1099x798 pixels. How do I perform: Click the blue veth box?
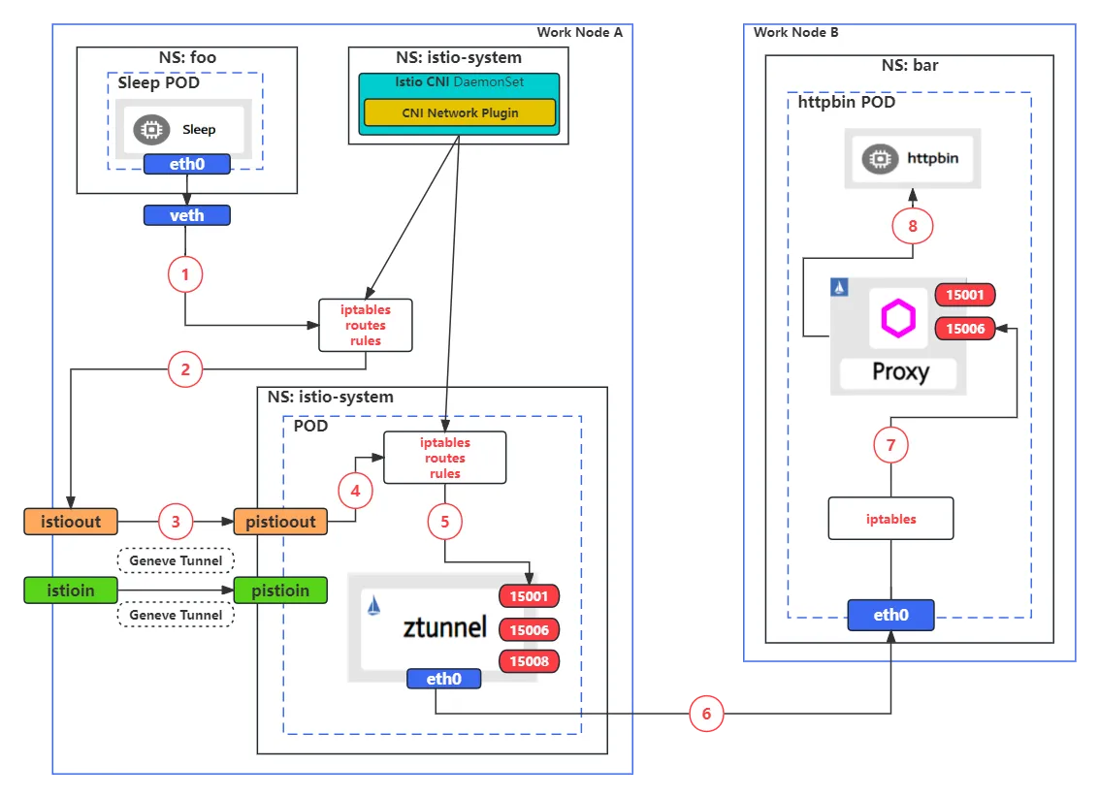click(x=186, y=215)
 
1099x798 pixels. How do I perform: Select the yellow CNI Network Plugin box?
click(x=460, y=112)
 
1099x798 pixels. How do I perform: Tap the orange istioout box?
click(x=71, y=522)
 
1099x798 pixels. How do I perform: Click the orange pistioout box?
click(x=280, y=522)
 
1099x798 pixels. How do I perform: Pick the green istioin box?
click(x=71, y=590)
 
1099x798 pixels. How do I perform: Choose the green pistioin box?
click(x=280, y=590)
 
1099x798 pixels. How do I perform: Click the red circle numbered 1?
click(x=185, y=274)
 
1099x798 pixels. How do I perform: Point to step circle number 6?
click(x=706, y=714)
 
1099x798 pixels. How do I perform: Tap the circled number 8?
click(x=913, y=226)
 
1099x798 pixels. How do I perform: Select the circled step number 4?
click(x=355, y=491)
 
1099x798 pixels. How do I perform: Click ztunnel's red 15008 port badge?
click(x=530, y=661)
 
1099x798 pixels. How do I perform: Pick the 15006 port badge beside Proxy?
click(x=965, y=329)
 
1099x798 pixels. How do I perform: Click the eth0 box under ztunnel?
click(x=443, y=678)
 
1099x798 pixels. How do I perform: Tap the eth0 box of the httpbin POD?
click(x=890, y=615)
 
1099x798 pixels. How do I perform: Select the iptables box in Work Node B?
click(x=890, y=519)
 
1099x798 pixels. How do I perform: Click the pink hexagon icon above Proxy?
click(x=898, y=318)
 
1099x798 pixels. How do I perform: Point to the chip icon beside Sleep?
click(x=151, y=130)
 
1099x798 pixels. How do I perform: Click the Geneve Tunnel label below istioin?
click(x=176, y=615)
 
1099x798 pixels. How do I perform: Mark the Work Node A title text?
click(x=580, y=32)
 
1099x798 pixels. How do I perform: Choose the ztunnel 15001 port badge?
click(x=530, y=596)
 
